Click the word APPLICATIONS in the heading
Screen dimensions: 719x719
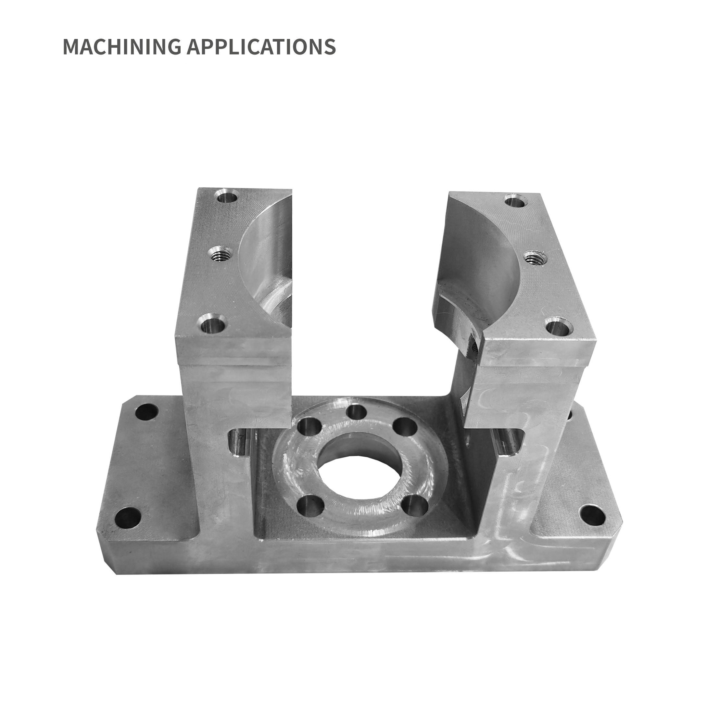point(261,46)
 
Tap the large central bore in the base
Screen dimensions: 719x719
point(358,471)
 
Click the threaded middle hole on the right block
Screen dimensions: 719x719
point(535,258)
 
